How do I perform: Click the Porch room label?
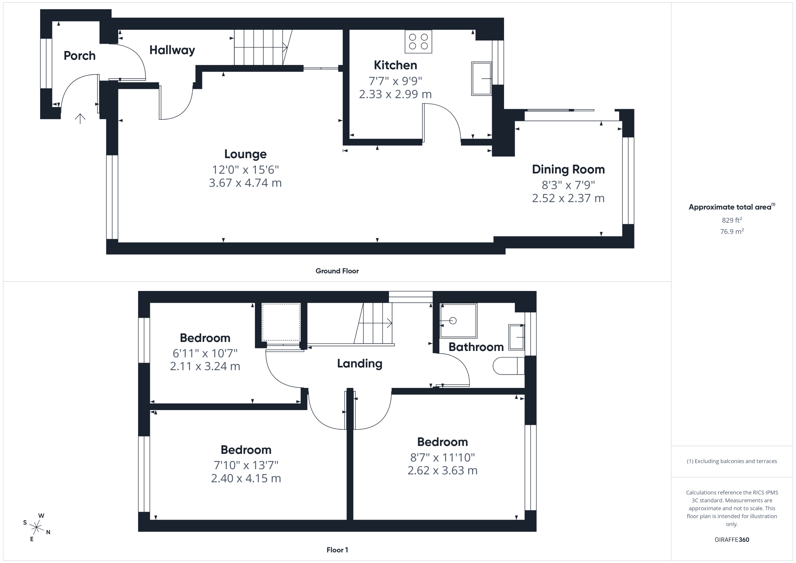79,55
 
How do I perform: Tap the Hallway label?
172,50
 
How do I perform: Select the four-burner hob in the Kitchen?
419,42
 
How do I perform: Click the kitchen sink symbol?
482,78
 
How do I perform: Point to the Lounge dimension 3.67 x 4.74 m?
245,183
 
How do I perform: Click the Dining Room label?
568,169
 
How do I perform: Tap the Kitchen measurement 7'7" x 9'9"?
395,81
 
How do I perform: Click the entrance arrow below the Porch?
80,118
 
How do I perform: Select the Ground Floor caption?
337,271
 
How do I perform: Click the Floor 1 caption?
337,550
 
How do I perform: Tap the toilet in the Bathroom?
509,366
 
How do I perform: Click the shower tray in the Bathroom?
458,321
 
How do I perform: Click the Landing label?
359,363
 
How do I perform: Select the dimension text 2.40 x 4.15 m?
246,478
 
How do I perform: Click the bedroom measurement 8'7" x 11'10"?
442,458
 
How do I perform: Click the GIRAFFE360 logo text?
732,540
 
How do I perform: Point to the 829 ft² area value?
732,220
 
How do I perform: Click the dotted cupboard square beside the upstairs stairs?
281,322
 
